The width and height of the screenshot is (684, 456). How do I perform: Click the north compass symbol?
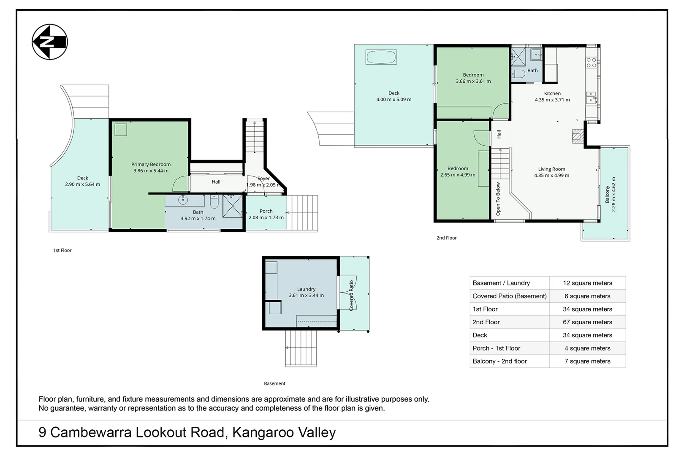pos(50,42)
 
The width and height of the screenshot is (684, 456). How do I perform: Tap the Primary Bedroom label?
pos(151,164)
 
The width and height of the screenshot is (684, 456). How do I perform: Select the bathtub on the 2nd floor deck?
pos(381,57)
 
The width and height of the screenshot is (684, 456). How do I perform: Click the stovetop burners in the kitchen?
pos(592,62)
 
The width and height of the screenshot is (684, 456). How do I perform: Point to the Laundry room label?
pos(306,289)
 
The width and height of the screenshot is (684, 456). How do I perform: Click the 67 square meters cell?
pos(587,322)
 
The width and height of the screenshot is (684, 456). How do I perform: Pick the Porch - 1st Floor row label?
pos(496,348)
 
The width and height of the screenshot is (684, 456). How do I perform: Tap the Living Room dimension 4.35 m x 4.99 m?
pos(551,175)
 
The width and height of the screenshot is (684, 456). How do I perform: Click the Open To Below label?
pos(498,199)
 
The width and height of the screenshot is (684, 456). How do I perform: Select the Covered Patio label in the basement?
pos(351,296)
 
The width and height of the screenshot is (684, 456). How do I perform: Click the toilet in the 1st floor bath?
pos(214,201)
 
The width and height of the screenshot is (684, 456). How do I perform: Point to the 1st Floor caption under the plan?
pos(62,250)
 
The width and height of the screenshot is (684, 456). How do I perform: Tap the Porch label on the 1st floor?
pos(266,211)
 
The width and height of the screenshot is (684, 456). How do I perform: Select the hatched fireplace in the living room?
pos(578,136)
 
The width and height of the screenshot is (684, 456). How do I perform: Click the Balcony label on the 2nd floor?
pos(607,194)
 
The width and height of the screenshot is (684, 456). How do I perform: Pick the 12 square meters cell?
pos(587,283)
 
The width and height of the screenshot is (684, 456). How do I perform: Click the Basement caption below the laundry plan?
pos(274,383)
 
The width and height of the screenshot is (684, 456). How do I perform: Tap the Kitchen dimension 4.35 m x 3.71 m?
pos(552,100)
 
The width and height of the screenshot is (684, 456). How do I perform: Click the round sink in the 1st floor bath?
pos(183,201)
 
